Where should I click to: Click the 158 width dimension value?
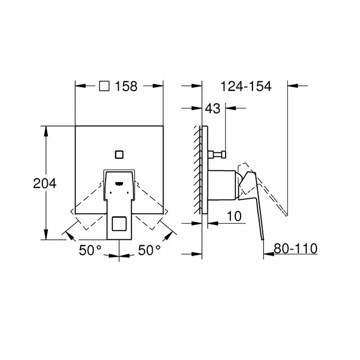point(127,87)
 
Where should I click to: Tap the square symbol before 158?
point(103,87)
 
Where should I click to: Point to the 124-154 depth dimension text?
point(246,87)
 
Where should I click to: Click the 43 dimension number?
point(213,109)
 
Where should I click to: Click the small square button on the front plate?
point(119,155)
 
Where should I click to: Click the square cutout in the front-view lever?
point(119,226)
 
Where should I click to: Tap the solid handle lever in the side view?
point(256,203)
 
